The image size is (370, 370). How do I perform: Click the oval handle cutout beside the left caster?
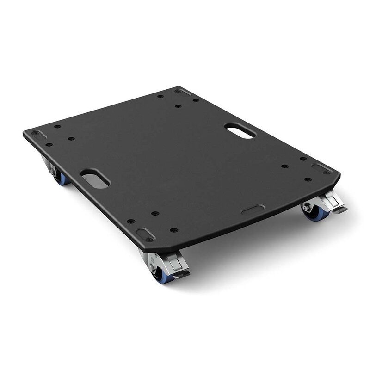[95, 179]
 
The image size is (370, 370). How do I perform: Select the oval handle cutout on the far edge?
[240, 130]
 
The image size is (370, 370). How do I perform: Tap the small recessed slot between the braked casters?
[253, 210]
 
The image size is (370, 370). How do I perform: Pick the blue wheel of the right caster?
[318, 215]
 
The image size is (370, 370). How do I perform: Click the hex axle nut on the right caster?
[306, 208]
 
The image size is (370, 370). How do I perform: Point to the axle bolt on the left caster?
[54, 172]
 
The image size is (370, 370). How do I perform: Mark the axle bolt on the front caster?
[151, 267]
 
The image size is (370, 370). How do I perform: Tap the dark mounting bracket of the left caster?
[47, 161]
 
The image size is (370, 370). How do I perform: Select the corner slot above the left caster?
[38, 134]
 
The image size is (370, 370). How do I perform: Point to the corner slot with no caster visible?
[183, 91]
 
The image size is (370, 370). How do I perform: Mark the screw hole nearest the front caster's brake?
[173, 230]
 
